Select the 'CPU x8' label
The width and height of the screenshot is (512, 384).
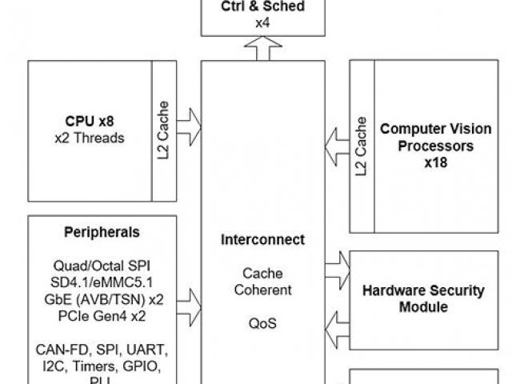pos(90,122)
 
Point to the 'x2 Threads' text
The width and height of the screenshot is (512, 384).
pos(90,137)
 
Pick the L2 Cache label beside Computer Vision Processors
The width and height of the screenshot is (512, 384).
pos(362,146)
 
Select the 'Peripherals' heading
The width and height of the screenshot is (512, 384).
pos(101,232)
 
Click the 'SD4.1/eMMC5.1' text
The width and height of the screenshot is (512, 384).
pos(101,282)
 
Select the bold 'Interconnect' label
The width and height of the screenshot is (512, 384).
pos(264,239)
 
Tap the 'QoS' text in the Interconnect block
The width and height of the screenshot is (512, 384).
pos(264,326)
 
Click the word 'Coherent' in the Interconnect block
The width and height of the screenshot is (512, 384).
pos(264,290)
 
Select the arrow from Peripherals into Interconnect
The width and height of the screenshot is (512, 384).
pos(189,303)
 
